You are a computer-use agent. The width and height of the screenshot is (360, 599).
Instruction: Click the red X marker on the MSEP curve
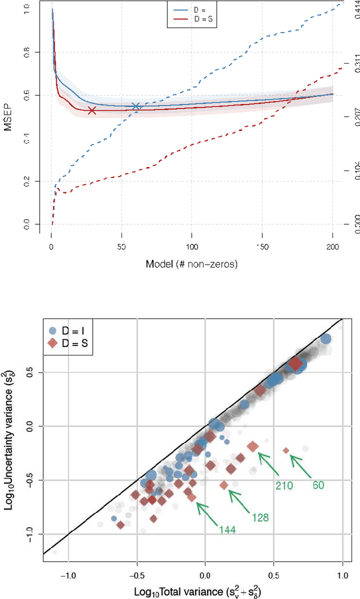pyautogui.click(x=92, y=111)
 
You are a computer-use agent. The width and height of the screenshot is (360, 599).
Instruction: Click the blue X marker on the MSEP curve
pyautogui.click(x=136, y=106)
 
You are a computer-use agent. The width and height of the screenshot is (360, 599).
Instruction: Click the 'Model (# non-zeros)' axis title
pyautogui.click(x=192, y=264)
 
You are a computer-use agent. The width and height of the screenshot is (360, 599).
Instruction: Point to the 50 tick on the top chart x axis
pyautogui.click(x=121, y=246)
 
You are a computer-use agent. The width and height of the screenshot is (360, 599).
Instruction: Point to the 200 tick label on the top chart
pyautogui.click(x=332, y=246)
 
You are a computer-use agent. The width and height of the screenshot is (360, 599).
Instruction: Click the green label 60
pyautogui.click(x=318, y=485)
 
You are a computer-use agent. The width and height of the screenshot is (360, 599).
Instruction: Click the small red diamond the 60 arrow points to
pyautogui.click(x=286, y=451)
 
